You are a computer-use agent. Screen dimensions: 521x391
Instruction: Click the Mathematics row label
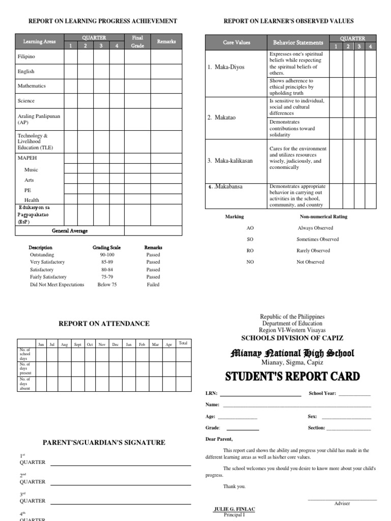(32, 86)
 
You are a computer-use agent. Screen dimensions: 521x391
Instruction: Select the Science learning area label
(26, 101)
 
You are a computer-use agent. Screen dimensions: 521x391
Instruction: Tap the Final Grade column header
(137, 41)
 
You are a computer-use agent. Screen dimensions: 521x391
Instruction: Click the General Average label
(70, 230)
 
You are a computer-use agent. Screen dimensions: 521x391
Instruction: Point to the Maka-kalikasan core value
(230, 161)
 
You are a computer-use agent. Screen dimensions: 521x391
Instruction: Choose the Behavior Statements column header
(298, 43)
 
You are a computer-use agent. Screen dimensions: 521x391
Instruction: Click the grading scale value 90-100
(107, 254)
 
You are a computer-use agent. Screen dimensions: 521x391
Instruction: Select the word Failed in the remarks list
(153, 284)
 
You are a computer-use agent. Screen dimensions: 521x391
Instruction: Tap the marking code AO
(250, 228)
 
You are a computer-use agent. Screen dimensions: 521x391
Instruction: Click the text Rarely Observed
(313, 250)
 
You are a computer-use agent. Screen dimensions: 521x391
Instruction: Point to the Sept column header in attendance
(77, 344)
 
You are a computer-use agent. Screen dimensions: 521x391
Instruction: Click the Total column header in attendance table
(183, 343)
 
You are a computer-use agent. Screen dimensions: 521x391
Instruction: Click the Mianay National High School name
(292, 353)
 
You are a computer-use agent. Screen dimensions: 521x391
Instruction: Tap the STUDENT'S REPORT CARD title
(292, 377)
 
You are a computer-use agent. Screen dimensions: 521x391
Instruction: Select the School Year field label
(322, 393)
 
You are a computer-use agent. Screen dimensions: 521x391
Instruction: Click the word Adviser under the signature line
(342, 503)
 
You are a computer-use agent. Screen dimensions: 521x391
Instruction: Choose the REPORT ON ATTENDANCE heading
(104, 323)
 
